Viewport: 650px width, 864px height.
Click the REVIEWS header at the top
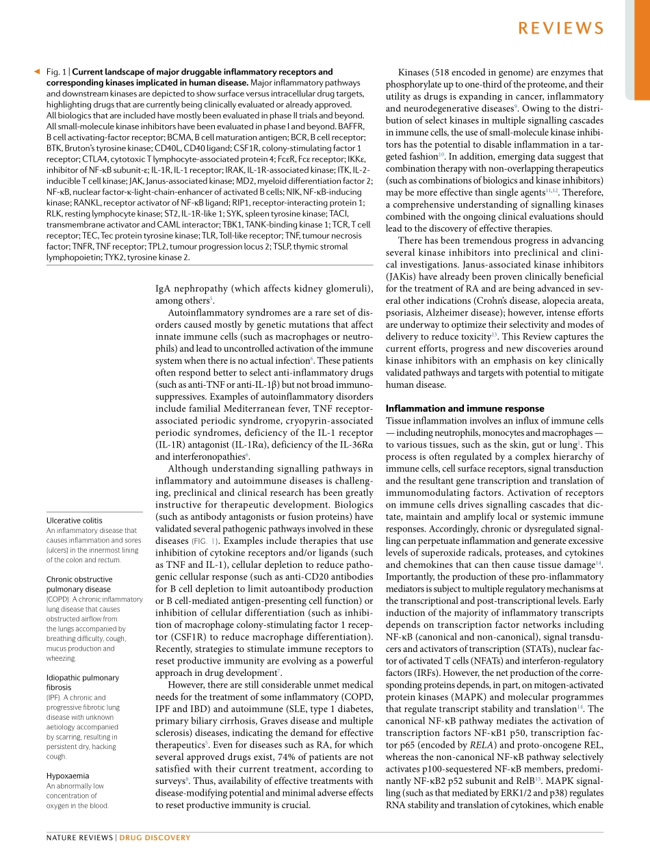coord(560,28)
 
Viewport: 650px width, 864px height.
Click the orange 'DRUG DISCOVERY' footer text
coord(155,838)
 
